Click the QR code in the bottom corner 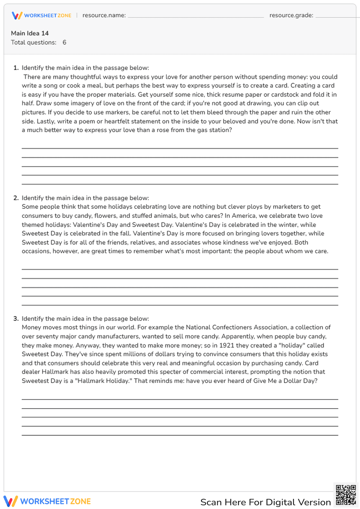tap(346, 495)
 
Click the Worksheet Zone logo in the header tap(41, 15)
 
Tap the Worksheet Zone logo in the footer tap(47, 501)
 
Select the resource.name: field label tap(104, 15)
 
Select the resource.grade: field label tap(291, 15)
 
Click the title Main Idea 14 tap(30, 33)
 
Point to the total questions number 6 tap(64, 42)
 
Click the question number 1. tap(16, 68)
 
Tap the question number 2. tap(16, 198)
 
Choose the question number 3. tap(16, 319)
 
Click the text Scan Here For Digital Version tap(265, 502)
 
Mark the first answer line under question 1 tap(180, 148)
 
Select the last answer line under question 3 tap(180, 435)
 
